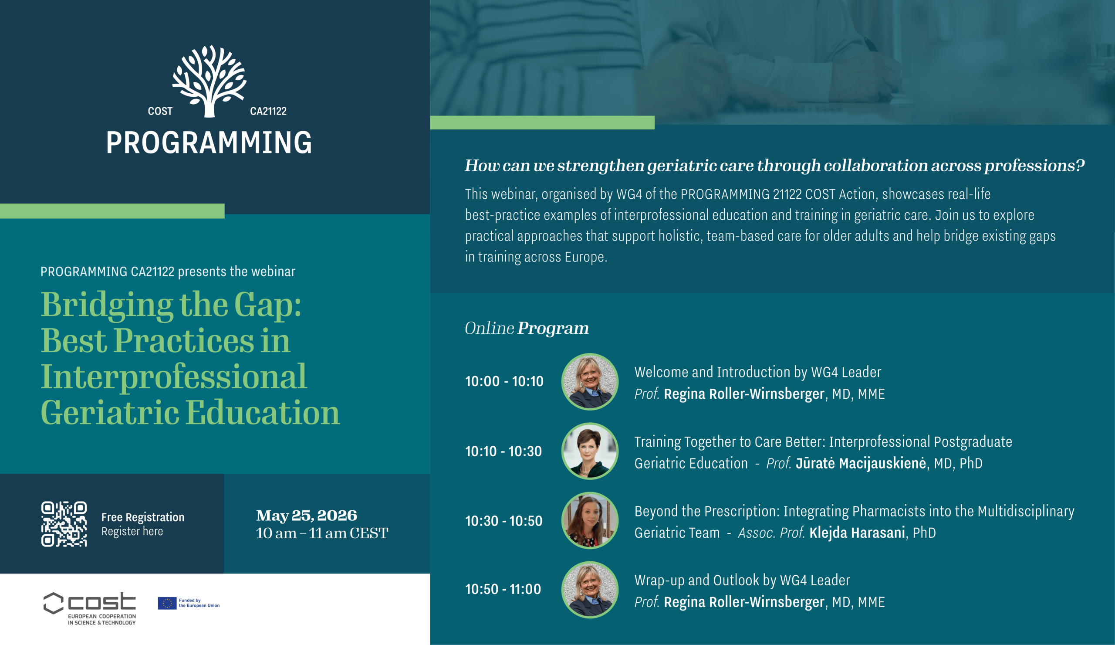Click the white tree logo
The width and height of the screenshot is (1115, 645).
point(209,81)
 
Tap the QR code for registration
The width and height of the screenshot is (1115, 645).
point(64,524)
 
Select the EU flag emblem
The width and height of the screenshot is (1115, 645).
point(167,603)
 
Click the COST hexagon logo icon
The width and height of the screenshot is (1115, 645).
point(54,603)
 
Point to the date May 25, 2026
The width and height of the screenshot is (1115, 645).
point(307,515)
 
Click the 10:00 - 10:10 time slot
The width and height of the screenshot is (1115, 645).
point(504,381)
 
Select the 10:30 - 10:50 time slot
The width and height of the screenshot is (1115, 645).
point(503,521)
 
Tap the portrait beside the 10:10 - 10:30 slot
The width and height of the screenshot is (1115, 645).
point(590,451)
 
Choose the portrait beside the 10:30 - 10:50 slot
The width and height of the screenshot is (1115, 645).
point(590,521)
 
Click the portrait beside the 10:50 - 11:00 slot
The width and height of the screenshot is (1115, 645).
point(590,590)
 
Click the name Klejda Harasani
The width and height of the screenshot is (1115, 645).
point(857,533)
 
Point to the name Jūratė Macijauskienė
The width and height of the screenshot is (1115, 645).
point(861,463)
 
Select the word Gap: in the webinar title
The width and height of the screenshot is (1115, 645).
point(268,306)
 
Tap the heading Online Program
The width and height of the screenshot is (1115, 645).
point(527,328)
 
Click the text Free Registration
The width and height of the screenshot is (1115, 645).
point(143,517)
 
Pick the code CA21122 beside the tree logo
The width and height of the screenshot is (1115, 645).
point(268,111)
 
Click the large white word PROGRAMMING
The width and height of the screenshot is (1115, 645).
point(209,143)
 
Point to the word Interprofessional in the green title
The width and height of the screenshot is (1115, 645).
point(173,377)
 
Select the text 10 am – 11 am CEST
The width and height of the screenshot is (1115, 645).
point(322,533)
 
